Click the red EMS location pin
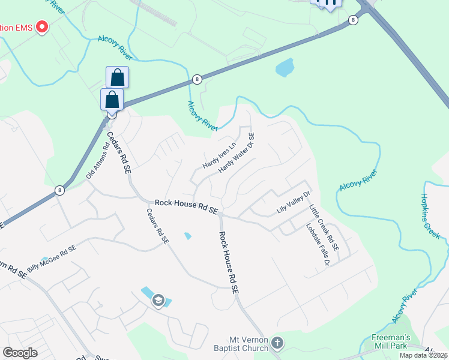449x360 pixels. (42, 27)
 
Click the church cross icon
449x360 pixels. (277, 343)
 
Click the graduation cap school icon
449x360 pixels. (158, 300)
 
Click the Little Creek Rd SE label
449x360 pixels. (324, 227)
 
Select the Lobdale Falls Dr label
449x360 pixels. (318, 245)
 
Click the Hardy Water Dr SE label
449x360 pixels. (237, 153)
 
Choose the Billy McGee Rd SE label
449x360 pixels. (52, 259)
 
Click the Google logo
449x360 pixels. (20, 353)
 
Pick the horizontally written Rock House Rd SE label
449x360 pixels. (185, 206)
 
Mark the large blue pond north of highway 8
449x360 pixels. (285, 67)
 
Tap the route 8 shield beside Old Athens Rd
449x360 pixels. (59, 191)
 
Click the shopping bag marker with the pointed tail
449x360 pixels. (112, 100)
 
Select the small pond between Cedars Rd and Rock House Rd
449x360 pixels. (188, 236)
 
